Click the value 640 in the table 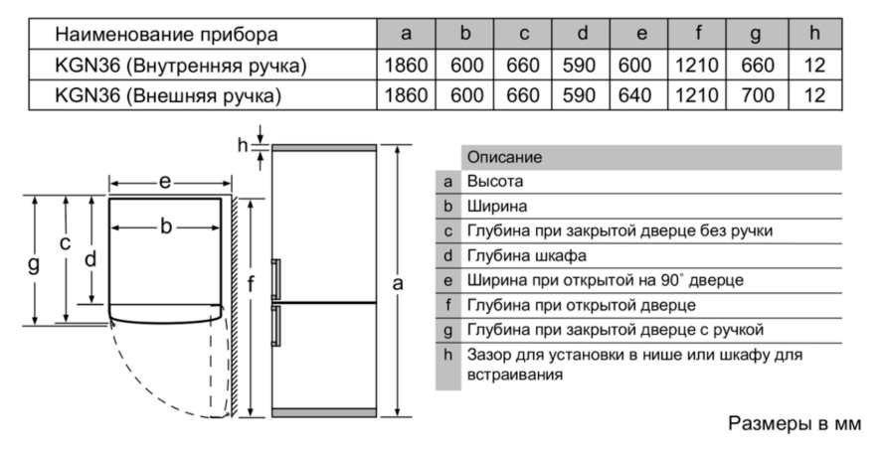coord(634,95)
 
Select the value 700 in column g coord(757,95)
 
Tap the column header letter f coord(697,33)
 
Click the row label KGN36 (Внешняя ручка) coord(168,95)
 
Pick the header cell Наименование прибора coord(166,34)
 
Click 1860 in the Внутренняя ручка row coord(406,66)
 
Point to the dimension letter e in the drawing coord(164,182)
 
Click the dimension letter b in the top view coord(166,226)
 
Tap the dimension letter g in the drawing coord(35,263)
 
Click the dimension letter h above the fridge coord(243,145)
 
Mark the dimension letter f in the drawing coord(251,284)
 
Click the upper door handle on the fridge coord(275,278)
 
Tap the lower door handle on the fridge coord(275,326)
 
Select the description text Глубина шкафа coord(526,255)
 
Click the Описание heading coord(504,157)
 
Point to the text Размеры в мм coord(794,423)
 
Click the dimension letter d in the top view coord(90,259)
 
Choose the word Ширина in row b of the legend coord(497,207)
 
